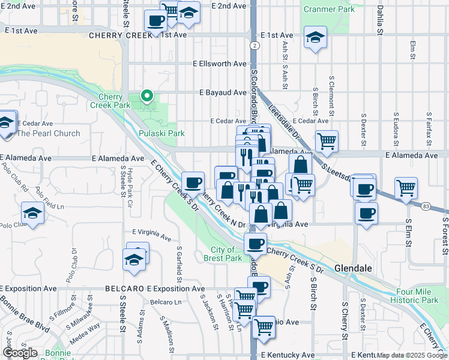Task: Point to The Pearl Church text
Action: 48,133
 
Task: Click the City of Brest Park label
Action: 226,254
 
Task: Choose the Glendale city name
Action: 354,268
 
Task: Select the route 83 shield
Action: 426,206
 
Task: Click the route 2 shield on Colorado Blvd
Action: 255,46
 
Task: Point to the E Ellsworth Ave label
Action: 220,63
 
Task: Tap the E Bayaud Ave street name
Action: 223,93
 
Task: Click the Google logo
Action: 20,353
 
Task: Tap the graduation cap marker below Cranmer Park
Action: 315,38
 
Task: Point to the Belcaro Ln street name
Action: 165,302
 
